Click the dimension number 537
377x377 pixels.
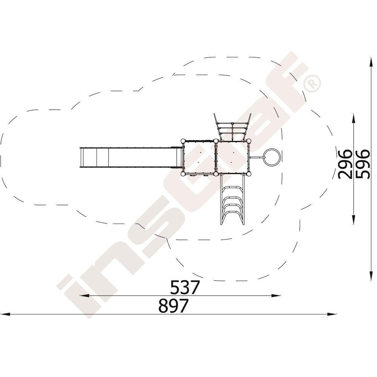pyautogui.click(x=185, y=287)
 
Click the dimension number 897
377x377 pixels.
pyautogui.click(x=173, y=306)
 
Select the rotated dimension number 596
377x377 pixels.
pyautogui.click(x=362, y=164)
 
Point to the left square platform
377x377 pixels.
pyautogui.click(x=199, y=157)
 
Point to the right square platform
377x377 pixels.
pyautogui.click(x=233, y=157)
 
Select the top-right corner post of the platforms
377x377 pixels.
pyautogui.click(x=249, y=141)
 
